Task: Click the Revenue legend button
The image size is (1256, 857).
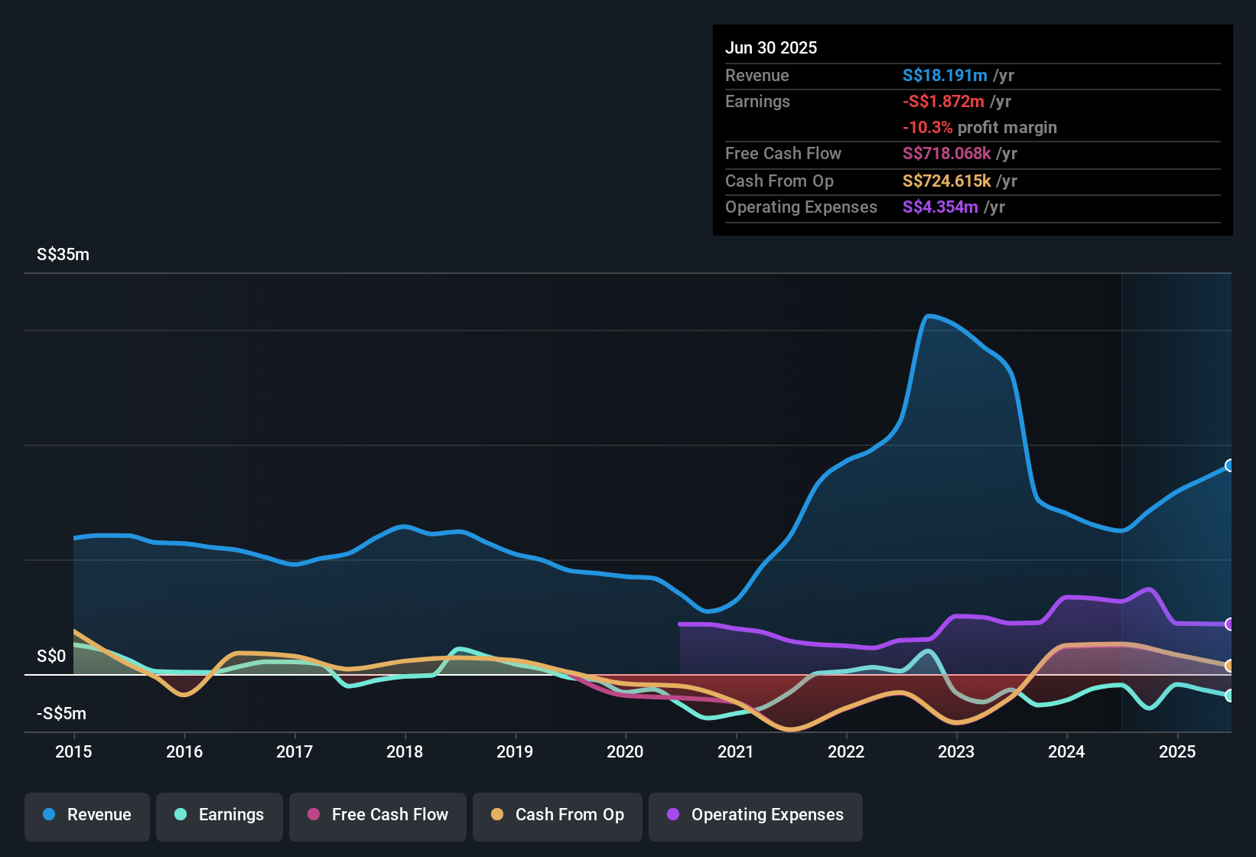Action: tap(87, 815)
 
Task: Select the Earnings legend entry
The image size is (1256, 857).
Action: tap(220, 815)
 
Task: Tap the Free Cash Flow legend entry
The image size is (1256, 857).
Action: tap(378, 815)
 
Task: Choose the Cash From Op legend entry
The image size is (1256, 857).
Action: tap(558, 815)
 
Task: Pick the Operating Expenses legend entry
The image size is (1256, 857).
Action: tap(756, 815)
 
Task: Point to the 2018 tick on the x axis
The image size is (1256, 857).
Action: tap(405, 751)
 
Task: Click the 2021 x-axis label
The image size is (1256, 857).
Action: tap(735, 751)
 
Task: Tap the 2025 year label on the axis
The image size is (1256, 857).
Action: tap(1176, 751)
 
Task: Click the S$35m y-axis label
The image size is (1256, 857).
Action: tap(63, 255)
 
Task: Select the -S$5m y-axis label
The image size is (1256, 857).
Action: tap(61, 714)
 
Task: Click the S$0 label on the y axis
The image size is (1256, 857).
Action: tap(51, 657)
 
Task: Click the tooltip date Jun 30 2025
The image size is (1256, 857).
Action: tap(771, 48)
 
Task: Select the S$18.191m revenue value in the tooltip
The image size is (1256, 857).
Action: tap(945, 76)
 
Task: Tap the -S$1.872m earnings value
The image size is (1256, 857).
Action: tap(943, 102)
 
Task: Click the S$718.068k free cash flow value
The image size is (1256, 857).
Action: tap(946, 154)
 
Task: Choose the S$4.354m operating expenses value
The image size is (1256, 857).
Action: tap(940, 207)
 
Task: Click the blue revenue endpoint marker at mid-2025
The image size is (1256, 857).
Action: tap(1229, 465)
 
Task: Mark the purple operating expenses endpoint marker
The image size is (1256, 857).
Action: tap(1229, 624)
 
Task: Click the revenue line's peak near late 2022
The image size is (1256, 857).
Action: tap(928, 315)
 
